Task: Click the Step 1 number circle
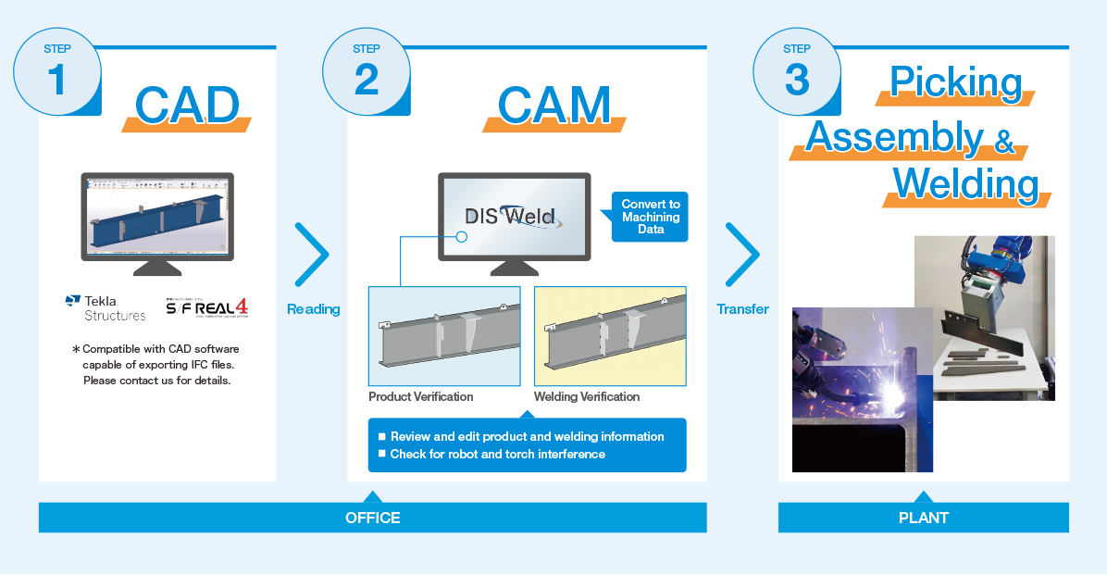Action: tap(57, 71)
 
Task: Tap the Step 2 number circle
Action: tap(367, 71)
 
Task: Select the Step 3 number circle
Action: tap(797, 71)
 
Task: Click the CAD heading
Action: tap(187, 106)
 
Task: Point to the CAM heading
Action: tap(554, 106)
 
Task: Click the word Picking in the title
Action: tap(956, 81)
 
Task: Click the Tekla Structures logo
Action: tap(106, 308)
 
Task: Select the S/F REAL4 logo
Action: tap(206, 308)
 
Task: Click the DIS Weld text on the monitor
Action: tap(510, 216)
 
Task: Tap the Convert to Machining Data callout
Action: tap(650, 217)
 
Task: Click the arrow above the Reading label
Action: tap(312, 255)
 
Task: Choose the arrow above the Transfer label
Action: tap(742, 255)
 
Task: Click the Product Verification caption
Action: tap(421, 397)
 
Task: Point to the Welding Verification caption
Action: tap(587, 397)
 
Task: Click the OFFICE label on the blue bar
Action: tap(373, 518)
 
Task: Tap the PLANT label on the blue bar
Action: tap(924, 518)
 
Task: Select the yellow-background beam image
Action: tap(610, 336)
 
